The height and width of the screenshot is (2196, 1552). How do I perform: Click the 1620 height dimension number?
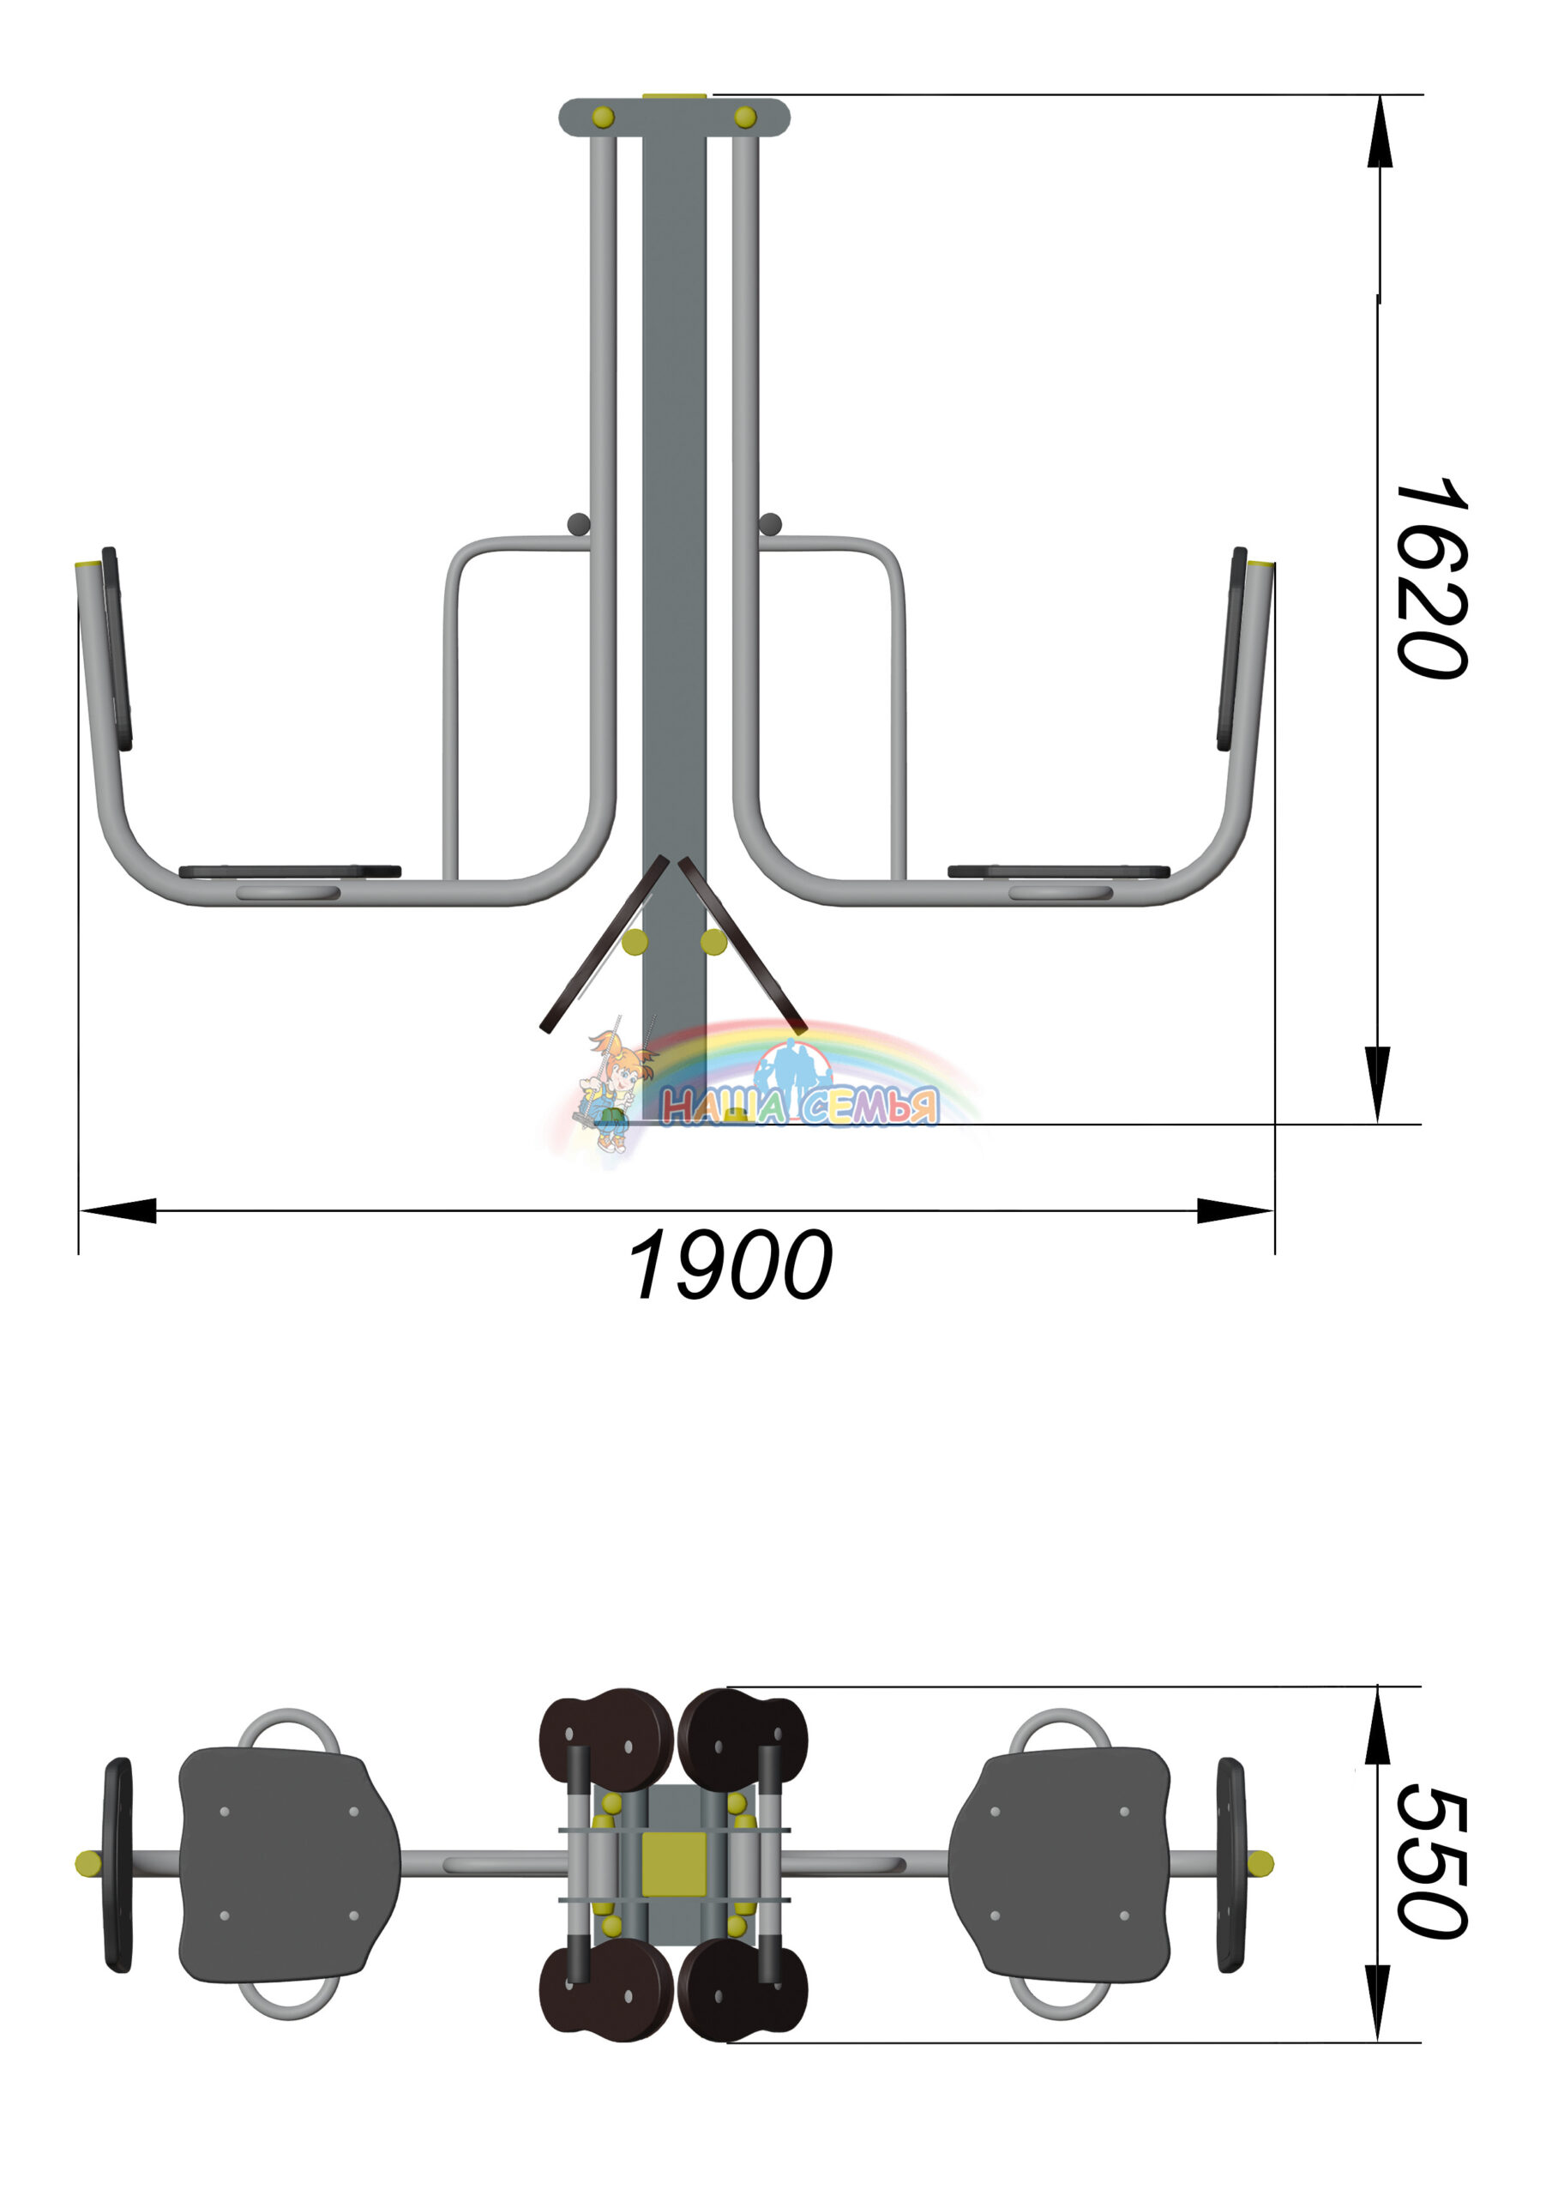tap(1431, 579)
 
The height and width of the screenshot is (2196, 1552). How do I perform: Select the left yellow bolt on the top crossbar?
tap(604, 117)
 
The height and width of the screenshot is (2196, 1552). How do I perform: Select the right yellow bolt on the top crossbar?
tap(745, 117)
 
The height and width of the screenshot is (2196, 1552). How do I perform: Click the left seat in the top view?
tap(289, 1864)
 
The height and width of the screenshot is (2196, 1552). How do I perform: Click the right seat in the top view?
tap(1060, 1864)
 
